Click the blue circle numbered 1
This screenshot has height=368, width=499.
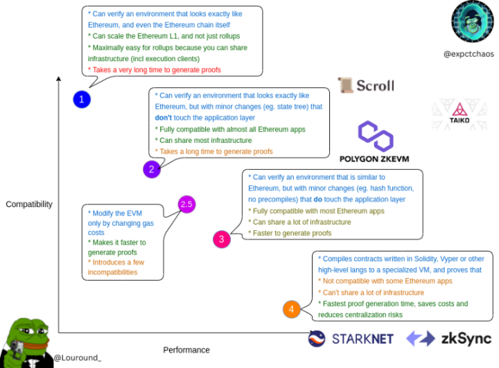click(x=82, y=100)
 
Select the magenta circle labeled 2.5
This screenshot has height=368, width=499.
click(x=186, y=204)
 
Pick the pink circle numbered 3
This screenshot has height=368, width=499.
click(x=221, y=240)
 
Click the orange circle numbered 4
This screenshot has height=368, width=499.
click(x=292, y=309)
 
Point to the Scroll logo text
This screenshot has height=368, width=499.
click(x=374, y=86)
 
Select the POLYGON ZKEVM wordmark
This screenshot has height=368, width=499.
click(x=374, y=159)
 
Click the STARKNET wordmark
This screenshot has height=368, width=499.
click(x=362, y=339)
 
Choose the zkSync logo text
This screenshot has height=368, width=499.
click(x=466, y=339)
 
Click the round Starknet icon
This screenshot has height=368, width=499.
click(x=317, y=339)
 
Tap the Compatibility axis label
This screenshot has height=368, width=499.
click(x=29, y=204)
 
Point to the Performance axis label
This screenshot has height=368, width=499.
click(x=186, y=349)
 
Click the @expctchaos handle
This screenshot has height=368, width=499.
click(x=469, y=54)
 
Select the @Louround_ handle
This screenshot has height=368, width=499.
click(x=78, y=358)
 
